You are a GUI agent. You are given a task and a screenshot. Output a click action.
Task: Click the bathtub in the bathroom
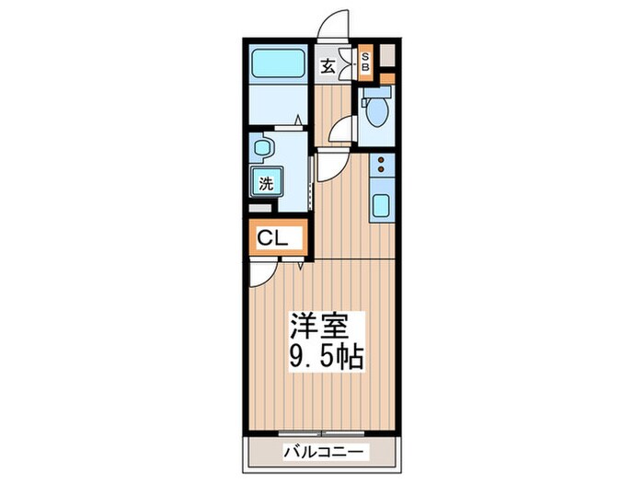[280, 64]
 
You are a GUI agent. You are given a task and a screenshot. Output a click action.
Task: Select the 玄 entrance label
[328, 65]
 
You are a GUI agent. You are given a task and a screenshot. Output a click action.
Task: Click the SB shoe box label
[364, 63]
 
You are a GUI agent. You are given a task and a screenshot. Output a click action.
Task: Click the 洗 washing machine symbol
[265, 182]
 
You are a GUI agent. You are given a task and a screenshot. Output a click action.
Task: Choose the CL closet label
[272, 238]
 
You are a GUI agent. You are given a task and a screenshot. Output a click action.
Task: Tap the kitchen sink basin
[381, 206]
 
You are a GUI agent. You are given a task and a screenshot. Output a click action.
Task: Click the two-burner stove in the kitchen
[380, 166]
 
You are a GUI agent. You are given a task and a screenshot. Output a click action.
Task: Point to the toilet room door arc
[342, 128]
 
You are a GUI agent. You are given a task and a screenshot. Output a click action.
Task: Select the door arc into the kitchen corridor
[329, 165]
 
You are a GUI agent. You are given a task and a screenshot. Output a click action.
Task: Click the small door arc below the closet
[262, 270]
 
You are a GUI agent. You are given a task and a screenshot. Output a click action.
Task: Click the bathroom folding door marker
[300, 119]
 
